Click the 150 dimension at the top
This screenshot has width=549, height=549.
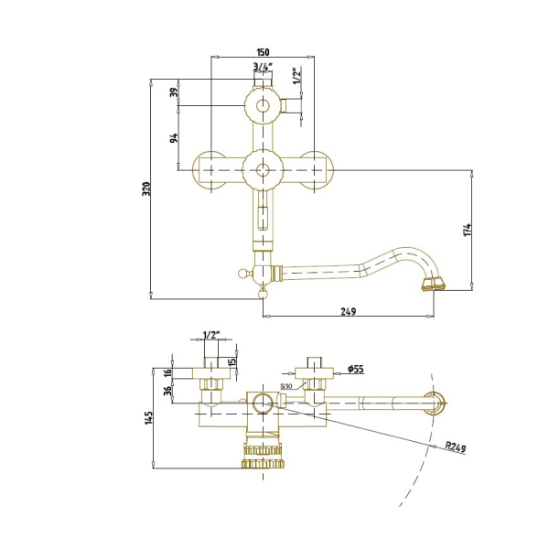click(263, 52)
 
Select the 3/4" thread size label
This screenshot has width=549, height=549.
click(263, 66)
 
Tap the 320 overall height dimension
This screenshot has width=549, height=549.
click(146, 189)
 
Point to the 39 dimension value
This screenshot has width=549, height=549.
click(175, 92)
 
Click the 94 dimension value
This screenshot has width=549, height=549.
click(174, 137)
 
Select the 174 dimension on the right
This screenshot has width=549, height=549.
click(467, 230)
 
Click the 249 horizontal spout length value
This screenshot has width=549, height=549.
click(349, 311)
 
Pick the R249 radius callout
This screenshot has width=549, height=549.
click(456, 447)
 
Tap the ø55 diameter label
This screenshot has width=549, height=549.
click(356, 369)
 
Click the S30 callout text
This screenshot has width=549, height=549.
click(286, 386)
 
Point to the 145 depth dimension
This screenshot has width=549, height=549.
click(149, 418)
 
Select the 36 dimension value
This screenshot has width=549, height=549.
click(169, 391)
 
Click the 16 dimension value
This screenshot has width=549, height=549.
click(168, 372)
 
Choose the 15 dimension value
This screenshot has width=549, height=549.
click(232, 361)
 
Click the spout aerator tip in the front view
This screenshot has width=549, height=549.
click(434, 284)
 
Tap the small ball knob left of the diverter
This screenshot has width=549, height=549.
click(242, 273)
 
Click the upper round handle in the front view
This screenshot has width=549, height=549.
click(263, 105)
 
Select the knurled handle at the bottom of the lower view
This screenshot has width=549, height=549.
click(263, 457)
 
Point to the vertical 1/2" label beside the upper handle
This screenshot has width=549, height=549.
click(296, 76)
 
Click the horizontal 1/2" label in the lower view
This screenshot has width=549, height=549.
click(210, 335)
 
